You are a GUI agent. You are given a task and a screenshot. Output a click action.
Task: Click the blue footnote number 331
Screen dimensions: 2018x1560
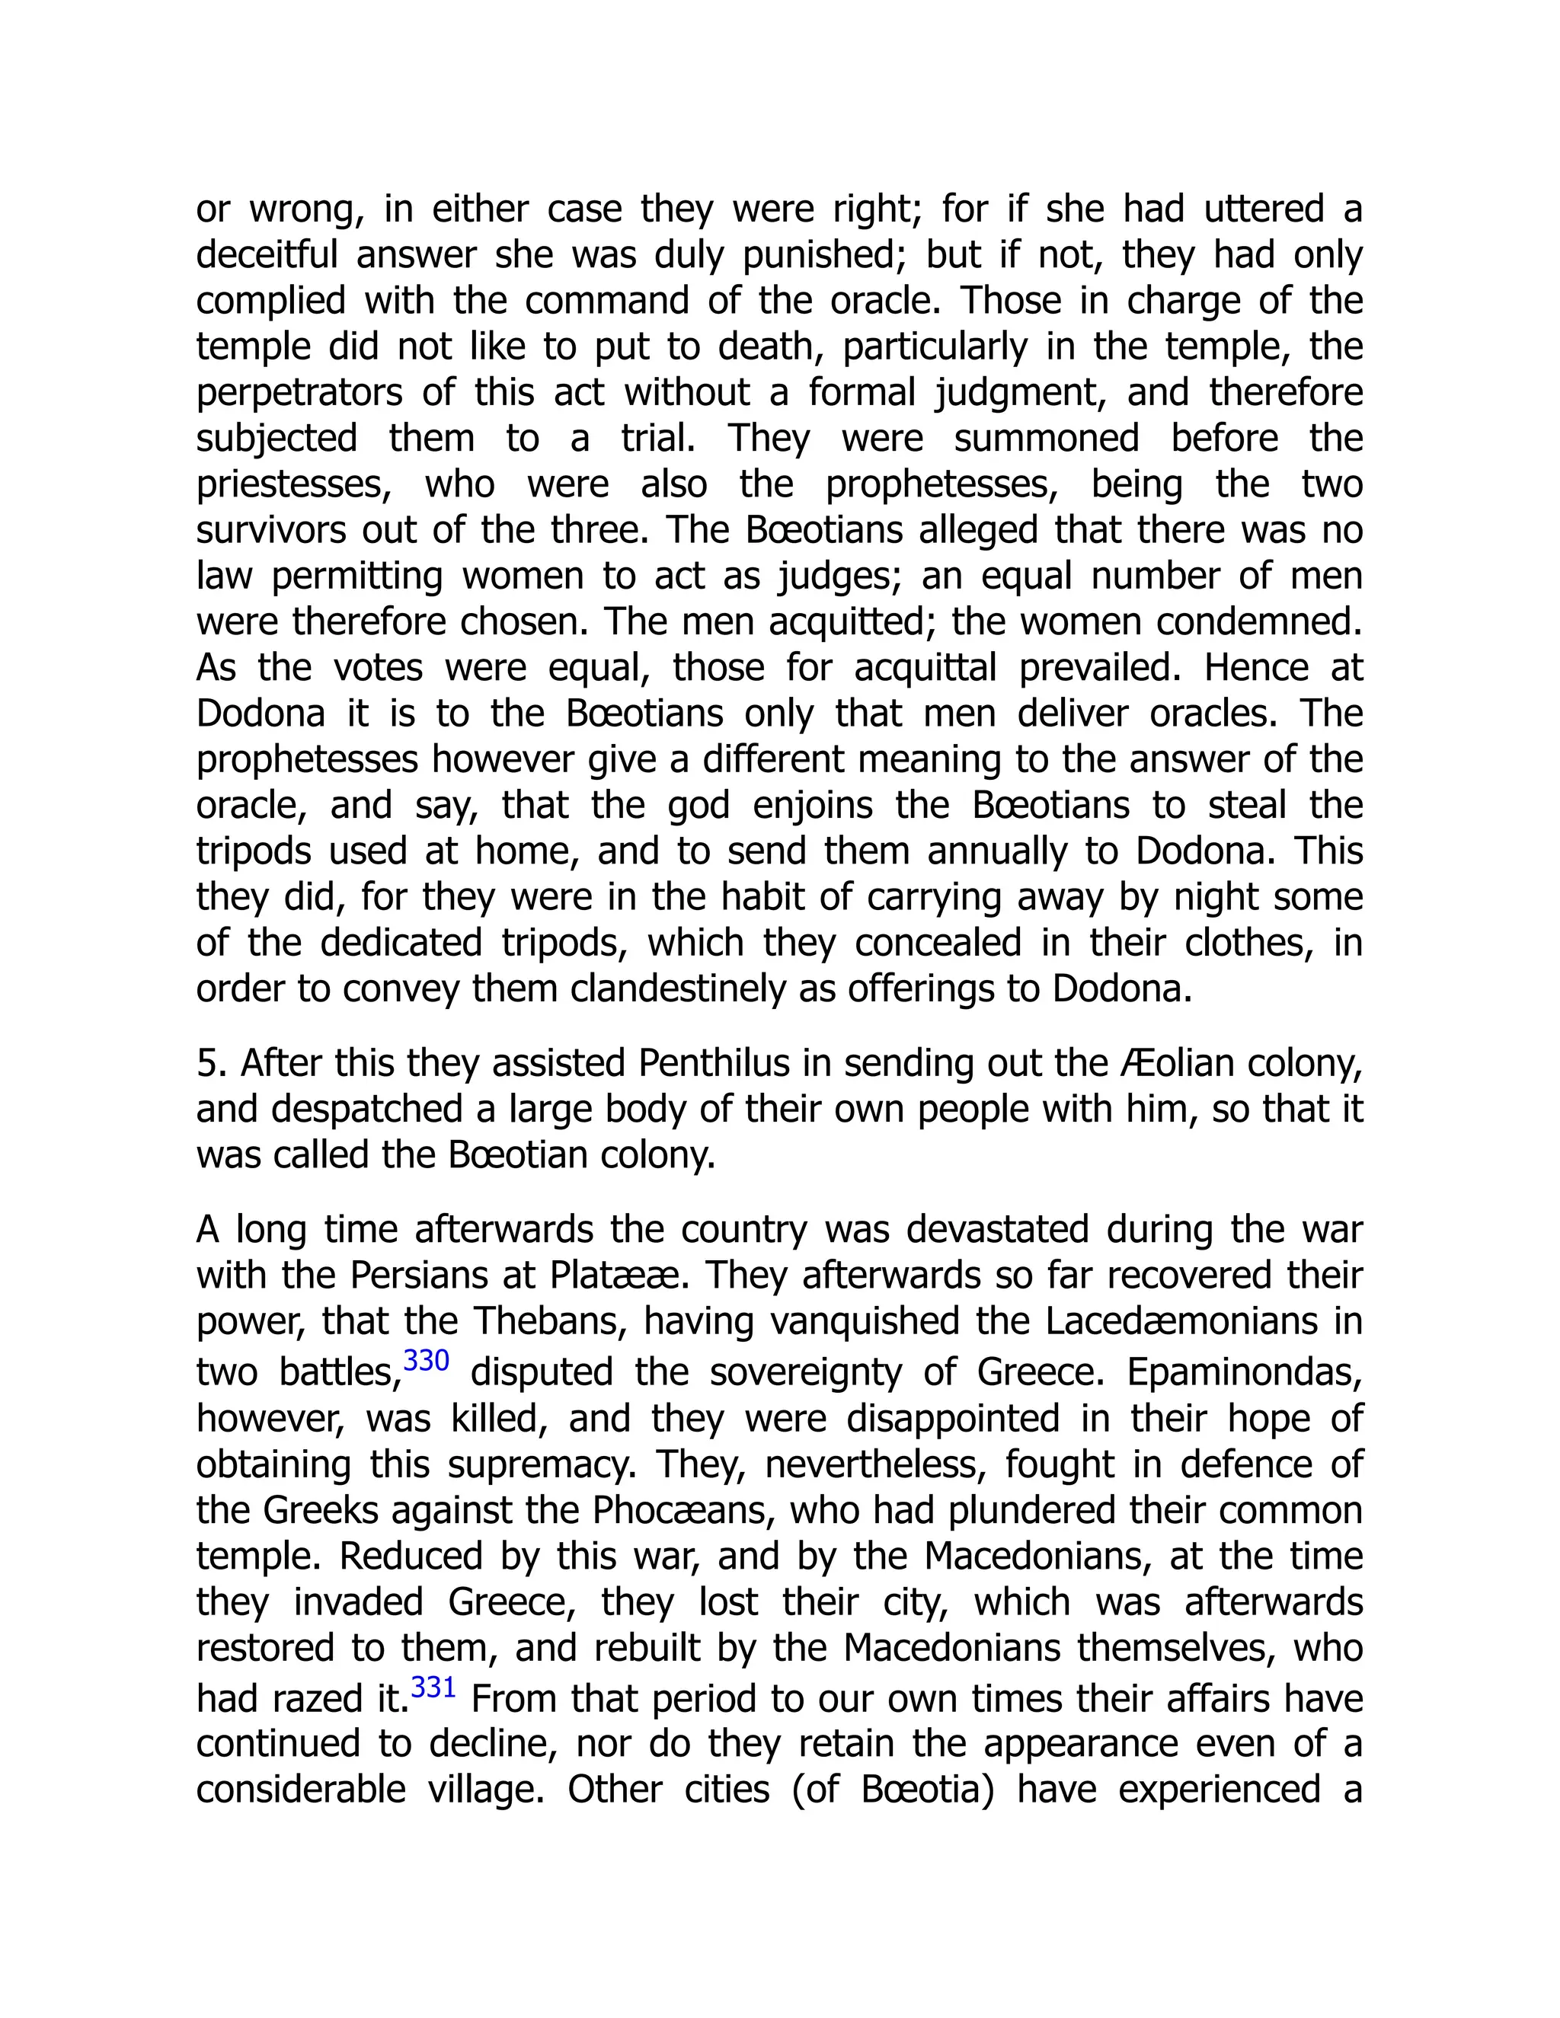click(433, 1688)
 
